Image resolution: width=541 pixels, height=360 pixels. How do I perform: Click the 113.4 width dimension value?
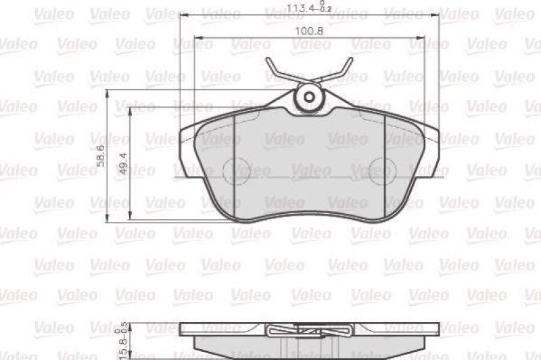(x=304, y=10)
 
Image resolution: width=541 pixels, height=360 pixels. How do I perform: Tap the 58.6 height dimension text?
(x=100, y=156)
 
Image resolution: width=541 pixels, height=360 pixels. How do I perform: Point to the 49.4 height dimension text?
(x=123, y=164)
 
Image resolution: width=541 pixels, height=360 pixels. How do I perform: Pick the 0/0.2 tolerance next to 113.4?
(x=325, y=7)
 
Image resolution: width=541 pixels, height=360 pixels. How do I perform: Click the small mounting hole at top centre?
(x=310, y=97)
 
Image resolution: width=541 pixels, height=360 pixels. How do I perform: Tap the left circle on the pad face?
(x=236, y=170)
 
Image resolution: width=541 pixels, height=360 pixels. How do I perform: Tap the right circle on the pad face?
(x=382, y=170)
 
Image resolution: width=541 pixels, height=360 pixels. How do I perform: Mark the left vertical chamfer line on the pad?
(x=233, y=162)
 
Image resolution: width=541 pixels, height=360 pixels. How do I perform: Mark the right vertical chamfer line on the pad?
(x=385, y=162)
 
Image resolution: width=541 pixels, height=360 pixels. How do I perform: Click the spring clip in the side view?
(x=309, y=332)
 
